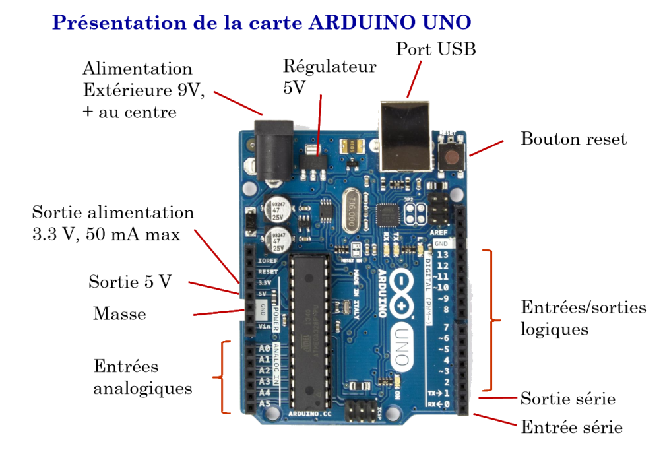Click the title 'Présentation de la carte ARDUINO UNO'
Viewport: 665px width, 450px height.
click(x=262, y=23)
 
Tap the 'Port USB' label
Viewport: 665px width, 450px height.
click(x=435, y=49)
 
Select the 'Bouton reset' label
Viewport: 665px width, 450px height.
click(x=573, y=139)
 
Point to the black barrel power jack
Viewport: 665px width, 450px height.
click(x=273, y=149)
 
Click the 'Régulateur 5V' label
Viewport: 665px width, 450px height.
click(x=329, y=76)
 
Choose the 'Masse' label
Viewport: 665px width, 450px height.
click(x=119, y=313)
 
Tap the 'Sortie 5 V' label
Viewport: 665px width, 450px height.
click(x=130, y=282)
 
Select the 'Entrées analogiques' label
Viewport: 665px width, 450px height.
click(x=142, y=377)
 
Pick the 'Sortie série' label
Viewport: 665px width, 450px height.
click(x=567, y=399)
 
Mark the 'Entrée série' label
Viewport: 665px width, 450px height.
click(x=571, y=427)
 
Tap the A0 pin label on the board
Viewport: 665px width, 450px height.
click(x=264, y=348)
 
